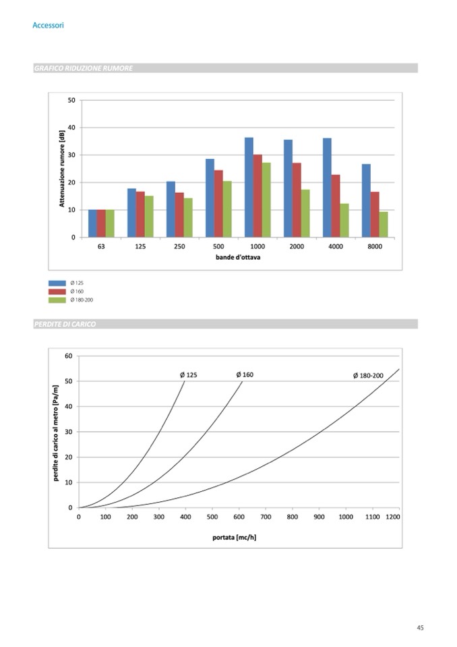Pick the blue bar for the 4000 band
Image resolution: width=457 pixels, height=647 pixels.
(327, 188)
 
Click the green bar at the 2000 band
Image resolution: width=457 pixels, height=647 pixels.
(305, 213)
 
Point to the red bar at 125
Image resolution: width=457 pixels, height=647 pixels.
(140, 215)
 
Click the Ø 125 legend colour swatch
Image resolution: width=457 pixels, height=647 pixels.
(57, 283)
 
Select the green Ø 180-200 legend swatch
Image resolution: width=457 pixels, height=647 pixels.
(57, 299)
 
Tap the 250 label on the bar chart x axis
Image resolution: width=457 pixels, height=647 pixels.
(179, 247)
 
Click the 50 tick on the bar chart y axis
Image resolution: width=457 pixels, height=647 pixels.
(71, 101)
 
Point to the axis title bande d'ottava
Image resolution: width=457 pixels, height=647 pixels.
(238, 258)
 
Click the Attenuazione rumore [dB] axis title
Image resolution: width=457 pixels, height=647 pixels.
(62, 169)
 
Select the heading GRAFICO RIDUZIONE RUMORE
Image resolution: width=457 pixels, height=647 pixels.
(83, 68)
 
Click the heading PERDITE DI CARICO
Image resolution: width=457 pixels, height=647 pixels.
(65, 325)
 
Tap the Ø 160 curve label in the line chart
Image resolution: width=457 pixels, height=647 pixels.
(245, 374)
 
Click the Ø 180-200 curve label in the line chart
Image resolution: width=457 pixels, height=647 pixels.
(368, 376)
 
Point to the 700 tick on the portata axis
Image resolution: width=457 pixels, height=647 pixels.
(266, 517)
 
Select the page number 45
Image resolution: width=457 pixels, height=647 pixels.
(420, 628)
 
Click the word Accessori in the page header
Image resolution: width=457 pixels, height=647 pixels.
(48, 25)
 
